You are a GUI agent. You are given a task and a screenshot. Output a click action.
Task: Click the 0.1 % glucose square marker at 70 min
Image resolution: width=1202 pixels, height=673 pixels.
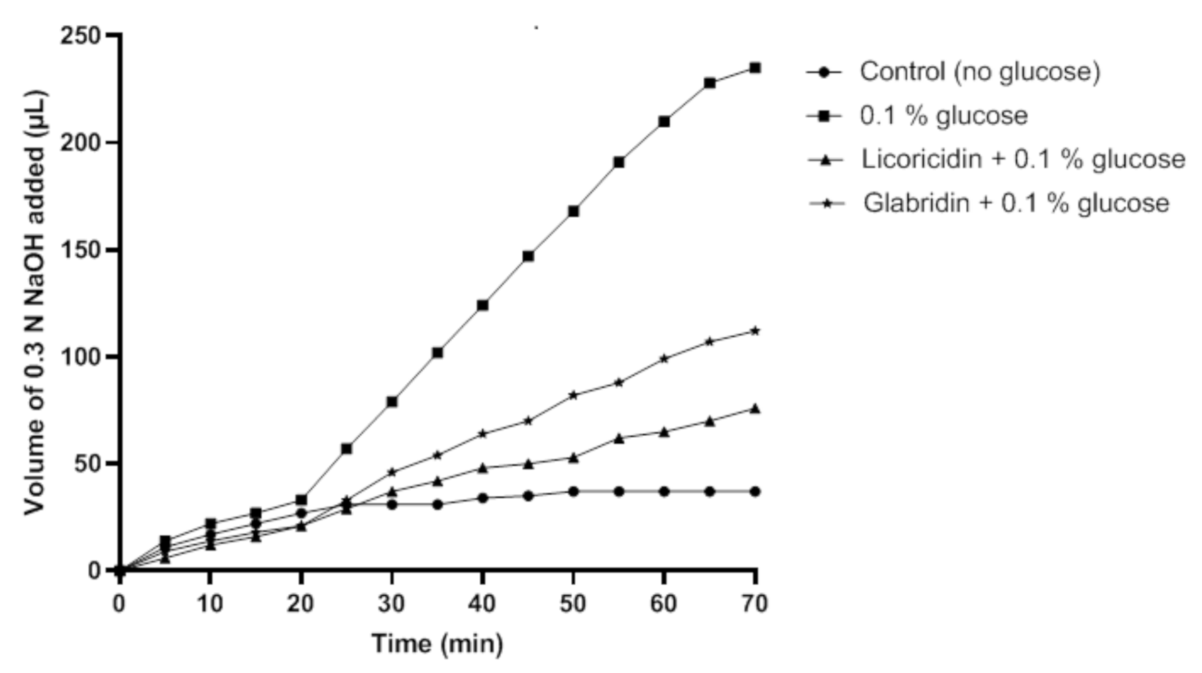[x=755, y=68]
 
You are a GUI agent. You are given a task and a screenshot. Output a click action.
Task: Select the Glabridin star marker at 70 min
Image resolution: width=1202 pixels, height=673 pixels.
[x=755, y=330]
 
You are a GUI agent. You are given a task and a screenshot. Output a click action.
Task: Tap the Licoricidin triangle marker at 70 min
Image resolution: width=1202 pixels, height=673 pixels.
[x=755, y=408]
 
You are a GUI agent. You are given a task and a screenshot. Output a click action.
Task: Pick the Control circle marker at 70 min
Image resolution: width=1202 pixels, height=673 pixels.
[x=755, y=491]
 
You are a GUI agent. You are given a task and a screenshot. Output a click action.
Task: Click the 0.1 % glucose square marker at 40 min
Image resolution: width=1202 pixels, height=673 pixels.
[x=482, y=305]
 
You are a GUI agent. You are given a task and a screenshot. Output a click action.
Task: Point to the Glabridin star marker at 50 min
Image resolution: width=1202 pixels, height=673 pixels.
[x=573, y=395]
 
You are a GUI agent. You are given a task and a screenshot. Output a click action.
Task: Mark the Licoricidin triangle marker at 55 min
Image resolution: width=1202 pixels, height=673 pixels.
[x=618, y=438]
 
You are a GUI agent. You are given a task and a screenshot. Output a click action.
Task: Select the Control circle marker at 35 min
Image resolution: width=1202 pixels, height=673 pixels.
[x=437, y=504]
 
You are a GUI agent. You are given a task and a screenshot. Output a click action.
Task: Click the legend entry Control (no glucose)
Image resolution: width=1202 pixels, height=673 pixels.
[x=979, y=71]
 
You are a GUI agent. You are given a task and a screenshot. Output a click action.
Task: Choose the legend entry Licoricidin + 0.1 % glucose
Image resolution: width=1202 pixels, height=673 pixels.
[x=1022, y=159]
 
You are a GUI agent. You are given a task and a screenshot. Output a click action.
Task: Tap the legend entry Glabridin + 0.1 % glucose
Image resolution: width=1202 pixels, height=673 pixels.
[x=1016, y=203]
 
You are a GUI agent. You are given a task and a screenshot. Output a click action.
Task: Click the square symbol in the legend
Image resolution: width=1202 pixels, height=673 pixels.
[x=825, y=115]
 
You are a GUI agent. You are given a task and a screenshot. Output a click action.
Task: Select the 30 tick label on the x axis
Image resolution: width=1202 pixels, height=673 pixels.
[x=391, y=604]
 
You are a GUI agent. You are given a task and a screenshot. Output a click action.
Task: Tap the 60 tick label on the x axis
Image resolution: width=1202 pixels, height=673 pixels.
[x=663, y=604]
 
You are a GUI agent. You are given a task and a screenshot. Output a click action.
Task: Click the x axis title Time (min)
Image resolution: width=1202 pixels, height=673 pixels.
[x=437, y=643]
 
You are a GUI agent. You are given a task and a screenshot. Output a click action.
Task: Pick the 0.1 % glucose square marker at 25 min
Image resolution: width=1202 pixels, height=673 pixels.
[x=346, y=448]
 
